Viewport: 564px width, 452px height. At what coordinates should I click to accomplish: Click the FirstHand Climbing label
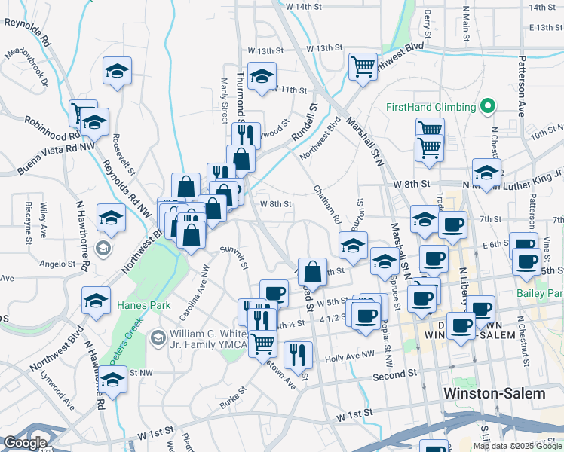(x=430, y=107)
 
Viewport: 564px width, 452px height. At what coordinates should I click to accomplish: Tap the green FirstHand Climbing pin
(x=488, y=107)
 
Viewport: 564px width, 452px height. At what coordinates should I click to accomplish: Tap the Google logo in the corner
(x=25, y=443)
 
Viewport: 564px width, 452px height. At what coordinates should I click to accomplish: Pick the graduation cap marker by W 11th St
(x=262, y=77)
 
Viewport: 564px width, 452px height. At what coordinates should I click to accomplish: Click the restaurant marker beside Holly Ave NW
(x=299, y=353)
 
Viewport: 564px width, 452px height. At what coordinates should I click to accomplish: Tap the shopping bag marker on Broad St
(x=312, y=271)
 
